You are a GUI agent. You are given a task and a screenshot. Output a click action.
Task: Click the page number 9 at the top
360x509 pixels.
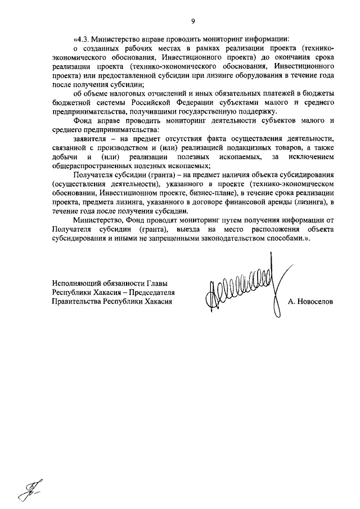point(192,21)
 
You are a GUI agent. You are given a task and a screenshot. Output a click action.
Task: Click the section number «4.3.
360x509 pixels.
point(83,39)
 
